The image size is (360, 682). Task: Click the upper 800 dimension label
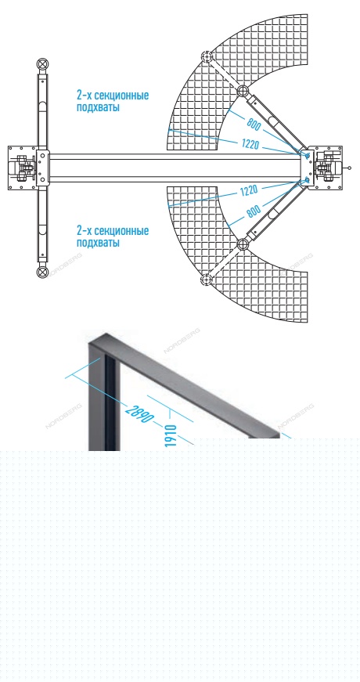click(254, 124)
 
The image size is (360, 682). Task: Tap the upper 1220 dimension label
click(249, 143)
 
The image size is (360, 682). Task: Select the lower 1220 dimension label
click(249, 191)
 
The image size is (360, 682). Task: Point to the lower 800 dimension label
click(254, 211)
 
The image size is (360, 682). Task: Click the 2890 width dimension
click(139, 413)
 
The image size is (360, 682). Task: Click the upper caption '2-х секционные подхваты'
click(113, 101)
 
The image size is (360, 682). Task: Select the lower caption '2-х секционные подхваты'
click(113, 236)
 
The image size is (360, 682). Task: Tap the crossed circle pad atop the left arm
click(42, 64)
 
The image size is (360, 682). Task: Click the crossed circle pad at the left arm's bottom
click(42, 272)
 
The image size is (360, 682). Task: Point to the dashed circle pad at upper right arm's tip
click(206, 57)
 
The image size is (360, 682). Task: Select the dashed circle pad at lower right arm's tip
click(206, 280)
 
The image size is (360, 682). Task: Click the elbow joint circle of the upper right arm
click(242, 91)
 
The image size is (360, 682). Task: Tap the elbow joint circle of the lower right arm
click(242, 245)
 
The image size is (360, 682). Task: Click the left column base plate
click(23, 168)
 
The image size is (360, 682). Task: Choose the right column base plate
click(327, 168)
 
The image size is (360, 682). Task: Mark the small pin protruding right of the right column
click(347, 168)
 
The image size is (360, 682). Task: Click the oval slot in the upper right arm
click(273, 121)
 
